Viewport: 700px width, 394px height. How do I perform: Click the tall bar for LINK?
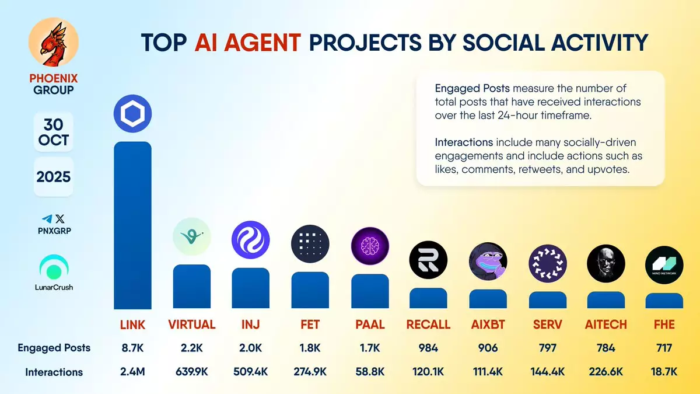(x=132, y=225)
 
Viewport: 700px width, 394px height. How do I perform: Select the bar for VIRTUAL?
(x=192, y=287)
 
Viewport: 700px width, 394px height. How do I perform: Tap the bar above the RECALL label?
(x=428, y=298)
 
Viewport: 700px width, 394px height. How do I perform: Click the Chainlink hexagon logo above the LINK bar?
(x=132, y=113)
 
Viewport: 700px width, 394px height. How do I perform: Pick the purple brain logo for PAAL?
(x=370, y=246)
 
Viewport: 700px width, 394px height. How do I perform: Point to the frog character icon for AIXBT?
(x=488, y=261)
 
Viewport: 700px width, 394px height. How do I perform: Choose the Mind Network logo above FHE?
(x=664, y=265)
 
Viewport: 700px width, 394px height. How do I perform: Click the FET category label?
(x=310, y=325)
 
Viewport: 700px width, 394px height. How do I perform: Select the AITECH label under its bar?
(x=606, y=325)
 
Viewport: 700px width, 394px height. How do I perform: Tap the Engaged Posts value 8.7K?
(x=132, y=348)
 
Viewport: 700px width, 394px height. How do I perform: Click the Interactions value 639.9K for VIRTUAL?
(x=192, y=372)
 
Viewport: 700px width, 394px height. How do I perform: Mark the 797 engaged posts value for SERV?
(x=548, y=348)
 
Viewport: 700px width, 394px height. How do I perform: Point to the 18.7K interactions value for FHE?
(x=664, y=372)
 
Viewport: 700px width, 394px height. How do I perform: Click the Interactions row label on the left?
(x=54, y=372)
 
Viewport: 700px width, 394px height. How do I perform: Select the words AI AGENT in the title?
(x=247, y=43)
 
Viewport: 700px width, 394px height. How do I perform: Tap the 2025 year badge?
(x=54, y=177)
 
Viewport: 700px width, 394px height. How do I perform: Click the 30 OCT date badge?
(x=54, y=132)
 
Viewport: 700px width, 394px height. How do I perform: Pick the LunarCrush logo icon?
(x=54, y=267)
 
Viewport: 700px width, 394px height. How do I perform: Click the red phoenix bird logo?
(x=54, y=42)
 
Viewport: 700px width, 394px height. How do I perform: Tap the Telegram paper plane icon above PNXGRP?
(x=47, y=218)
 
